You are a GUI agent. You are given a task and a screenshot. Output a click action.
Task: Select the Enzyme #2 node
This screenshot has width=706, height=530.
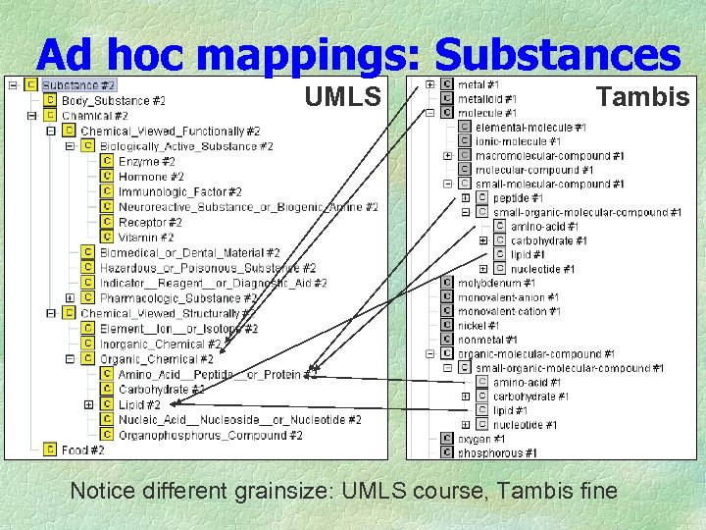[x=146, y=162]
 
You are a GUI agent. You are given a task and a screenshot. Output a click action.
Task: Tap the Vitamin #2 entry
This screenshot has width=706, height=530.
[x=146, y=238]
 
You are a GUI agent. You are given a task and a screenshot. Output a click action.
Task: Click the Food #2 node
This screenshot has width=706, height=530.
[x=82, y=450]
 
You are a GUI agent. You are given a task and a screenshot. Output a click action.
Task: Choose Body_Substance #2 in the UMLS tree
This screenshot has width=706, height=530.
[x=113, y=101]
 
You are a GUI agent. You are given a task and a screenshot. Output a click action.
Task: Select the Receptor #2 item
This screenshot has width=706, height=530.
[x=150, y=223]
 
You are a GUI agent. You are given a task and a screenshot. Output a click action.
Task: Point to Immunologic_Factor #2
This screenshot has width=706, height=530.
[x=179, y=192]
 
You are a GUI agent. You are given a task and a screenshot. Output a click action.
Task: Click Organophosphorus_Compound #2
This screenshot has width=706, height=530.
[x=210, y=436]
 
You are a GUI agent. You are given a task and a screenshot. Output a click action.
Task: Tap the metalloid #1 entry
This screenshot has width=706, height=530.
[x=487, y=99]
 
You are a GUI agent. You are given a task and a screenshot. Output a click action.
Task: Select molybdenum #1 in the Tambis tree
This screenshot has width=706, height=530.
[x=496, y=284]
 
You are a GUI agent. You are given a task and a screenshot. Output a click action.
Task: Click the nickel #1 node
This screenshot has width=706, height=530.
[x=479, y=326]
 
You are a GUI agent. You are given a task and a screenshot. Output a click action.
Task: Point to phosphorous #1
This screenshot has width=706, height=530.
[x=497, y=453]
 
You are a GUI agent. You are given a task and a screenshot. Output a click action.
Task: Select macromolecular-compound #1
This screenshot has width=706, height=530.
[x=549, y=156]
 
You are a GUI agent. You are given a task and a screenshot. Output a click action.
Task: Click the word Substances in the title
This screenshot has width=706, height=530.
[x=557, y=54]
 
